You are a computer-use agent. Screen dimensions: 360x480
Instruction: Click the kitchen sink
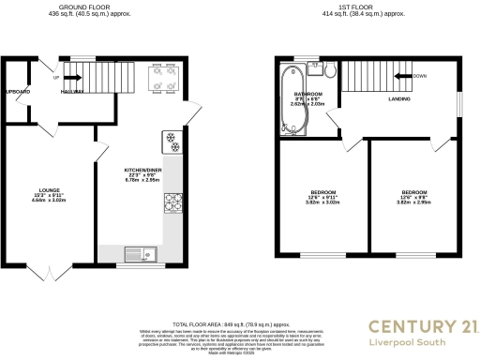(142, 252)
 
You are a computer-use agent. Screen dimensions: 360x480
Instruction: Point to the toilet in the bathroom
(331, 71)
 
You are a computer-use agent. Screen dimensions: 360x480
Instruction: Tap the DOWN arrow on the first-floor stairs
(404, 77)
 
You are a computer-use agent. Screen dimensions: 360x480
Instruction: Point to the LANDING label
(400, 97)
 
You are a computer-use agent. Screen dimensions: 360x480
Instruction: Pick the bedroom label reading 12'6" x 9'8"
(414, 197)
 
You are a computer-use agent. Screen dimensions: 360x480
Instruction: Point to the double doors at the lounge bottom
(49, 270)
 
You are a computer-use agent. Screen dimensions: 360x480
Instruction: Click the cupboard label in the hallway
(16, 92)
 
